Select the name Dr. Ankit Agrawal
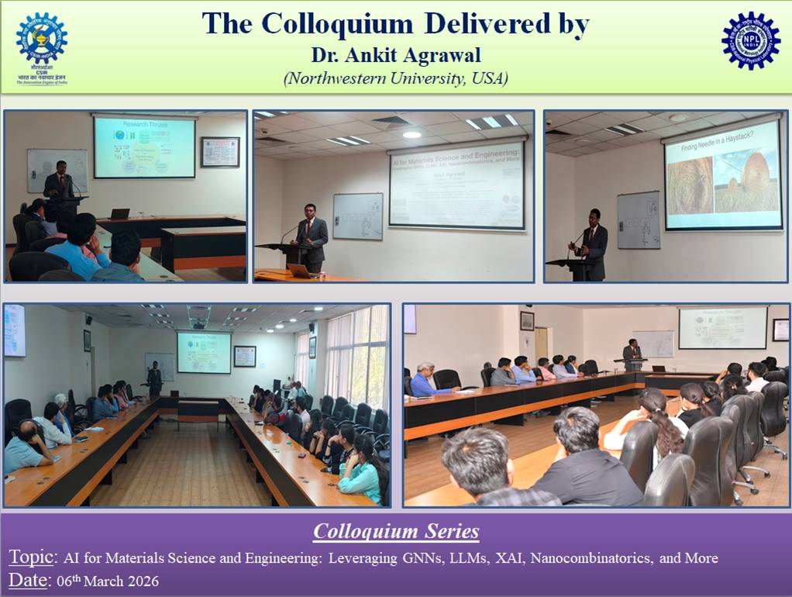[395, 56]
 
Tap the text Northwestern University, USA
[395, 78]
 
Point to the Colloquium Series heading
[396, 532]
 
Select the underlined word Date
[27, 581]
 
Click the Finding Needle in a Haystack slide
[722, 174]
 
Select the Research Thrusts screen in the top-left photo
[144, 147]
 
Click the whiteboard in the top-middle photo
[357, 216]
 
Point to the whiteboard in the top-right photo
[639, 219]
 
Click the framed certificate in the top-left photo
[220, 152]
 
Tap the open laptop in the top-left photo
[119, 213]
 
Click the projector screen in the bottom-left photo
[204, 353]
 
